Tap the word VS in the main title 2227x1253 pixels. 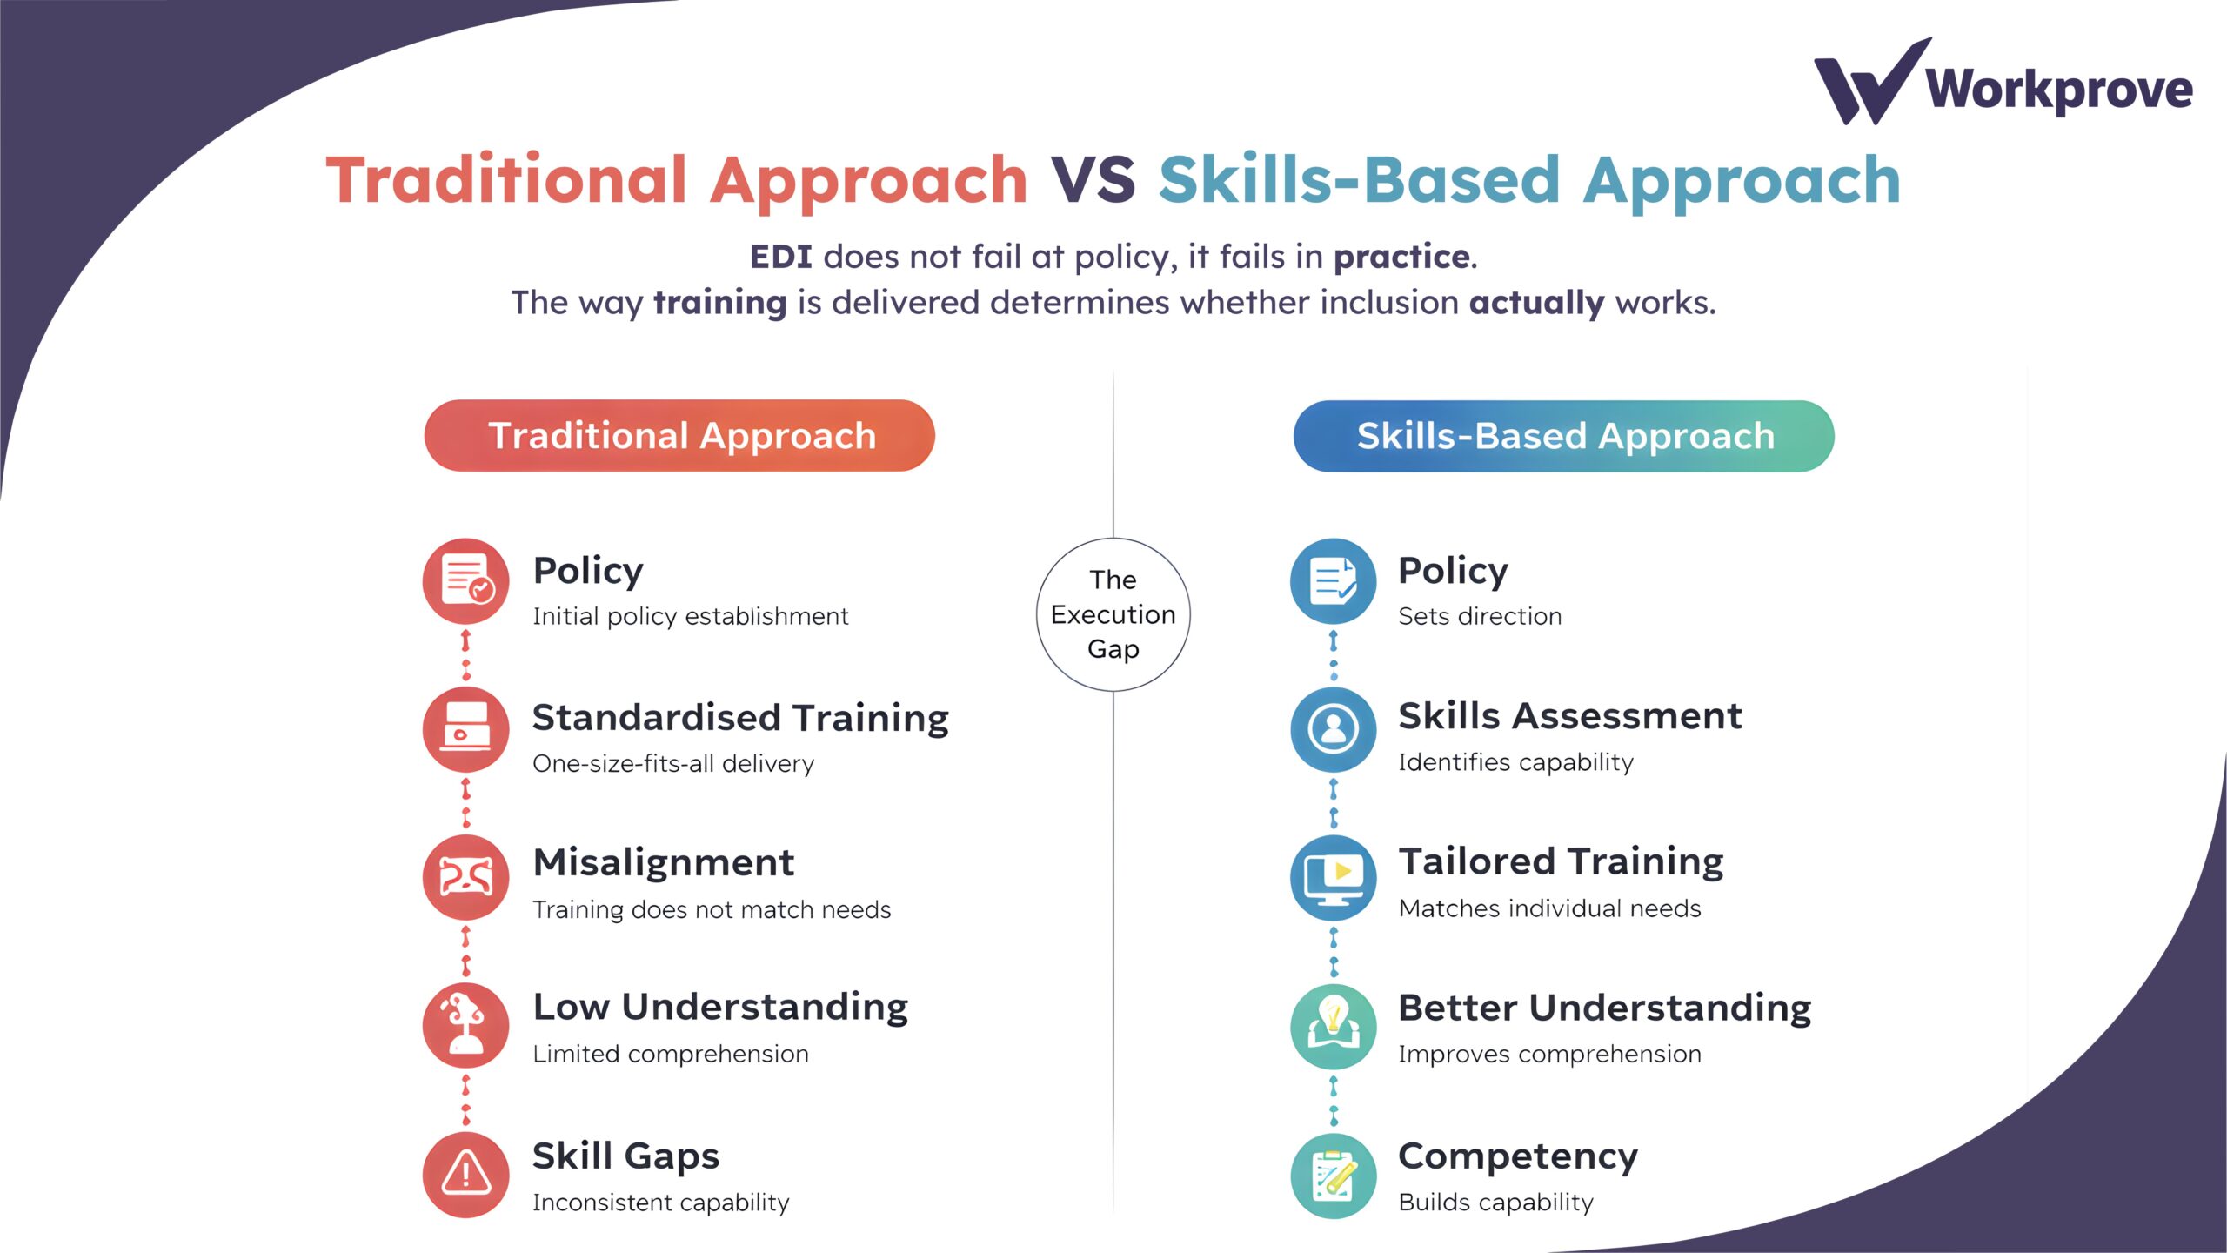click(1093, 180)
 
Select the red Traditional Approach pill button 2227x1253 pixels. click(679, 436)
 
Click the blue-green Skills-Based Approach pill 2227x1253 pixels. click(1563, 436)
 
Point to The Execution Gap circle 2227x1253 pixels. click(1113, 614)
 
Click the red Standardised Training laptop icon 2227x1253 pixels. click(465, 729)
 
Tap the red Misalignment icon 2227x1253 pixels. click(465, 877)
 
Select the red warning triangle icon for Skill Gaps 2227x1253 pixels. click(465, 1174)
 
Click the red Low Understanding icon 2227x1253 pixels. click(465, 1025)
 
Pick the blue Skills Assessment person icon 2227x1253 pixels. click(1333, 729)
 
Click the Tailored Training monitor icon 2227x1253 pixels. click(1333, 877)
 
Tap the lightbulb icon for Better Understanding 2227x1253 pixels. click(1333, 1026)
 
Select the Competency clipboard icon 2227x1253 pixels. click(1333, 1176)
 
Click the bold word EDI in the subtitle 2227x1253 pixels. click(780, 257)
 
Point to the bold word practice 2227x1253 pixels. click(1401, 257)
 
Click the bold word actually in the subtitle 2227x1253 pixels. click(1536, 303)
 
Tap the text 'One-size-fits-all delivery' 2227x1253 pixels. click(673, 764)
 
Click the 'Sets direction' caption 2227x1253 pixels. click(1480, 617)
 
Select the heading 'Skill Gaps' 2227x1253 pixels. click(625, 1156)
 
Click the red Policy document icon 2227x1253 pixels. click(465, 580)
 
